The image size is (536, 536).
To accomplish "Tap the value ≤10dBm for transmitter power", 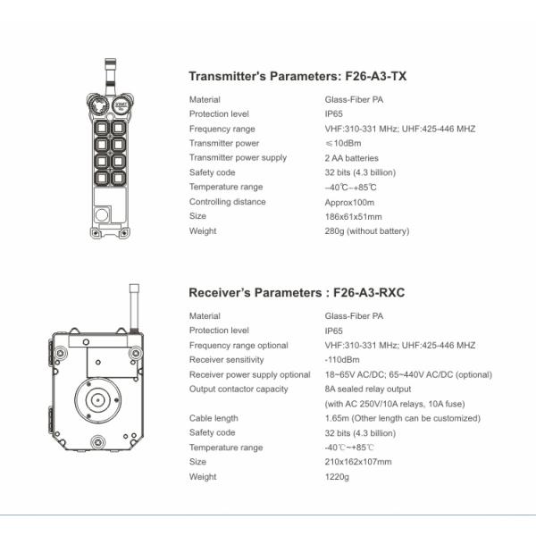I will click(x=344, y=143).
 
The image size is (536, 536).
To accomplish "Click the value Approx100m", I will click(x=350, y=202).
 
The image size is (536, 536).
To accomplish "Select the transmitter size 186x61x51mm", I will click(x=353, y=216).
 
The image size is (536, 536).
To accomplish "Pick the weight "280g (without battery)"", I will click(x=366, y=231).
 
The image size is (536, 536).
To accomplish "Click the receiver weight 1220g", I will click(x=336, y=476).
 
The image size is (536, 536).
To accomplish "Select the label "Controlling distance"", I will click(x=227, y=202).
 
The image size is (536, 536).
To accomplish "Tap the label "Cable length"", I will click(x=214, y=418).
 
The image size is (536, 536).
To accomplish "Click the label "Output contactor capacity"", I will click(x=238, y=389).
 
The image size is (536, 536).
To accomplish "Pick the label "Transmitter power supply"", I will click(x=238, y=158).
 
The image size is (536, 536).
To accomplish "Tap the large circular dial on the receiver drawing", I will click(x=95, y=398).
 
